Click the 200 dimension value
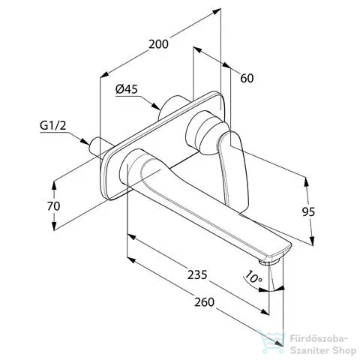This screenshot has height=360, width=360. click(158, 44)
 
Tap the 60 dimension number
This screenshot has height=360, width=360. click(247, 78)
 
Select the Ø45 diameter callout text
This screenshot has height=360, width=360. click(127, 89)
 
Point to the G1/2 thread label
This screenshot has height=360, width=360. click(53, 125)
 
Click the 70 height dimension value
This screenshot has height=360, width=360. click(54, 206)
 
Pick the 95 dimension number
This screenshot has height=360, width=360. click(308, 212)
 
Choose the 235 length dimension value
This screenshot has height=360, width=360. click(197, 274)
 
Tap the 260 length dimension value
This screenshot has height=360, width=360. click(205, 302)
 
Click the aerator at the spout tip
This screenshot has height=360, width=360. click(269, 262)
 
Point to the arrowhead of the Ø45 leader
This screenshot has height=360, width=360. click(157, 106)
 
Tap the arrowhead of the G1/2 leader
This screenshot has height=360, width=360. click(85, 141)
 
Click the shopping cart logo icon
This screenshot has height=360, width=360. click(272, 342)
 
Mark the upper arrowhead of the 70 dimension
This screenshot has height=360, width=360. click(54, 185)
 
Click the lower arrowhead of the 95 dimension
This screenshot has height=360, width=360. click(311, 241)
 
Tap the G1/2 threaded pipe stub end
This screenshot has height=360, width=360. click(93, 147)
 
